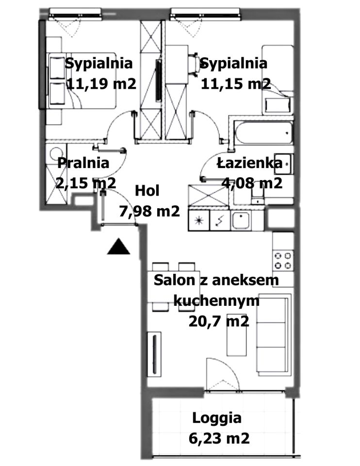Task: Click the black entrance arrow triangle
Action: pos(118,247)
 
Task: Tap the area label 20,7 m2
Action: pos(219,321)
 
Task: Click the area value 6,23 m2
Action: pos(219,438)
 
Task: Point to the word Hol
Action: pos(147,191)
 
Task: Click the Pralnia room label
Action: pos(83,163)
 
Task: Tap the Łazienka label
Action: pos(249,163)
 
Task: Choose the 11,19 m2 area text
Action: pos(101,84)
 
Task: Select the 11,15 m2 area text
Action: pos(236,84)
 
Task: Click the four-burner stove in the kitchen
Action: pos(283,260)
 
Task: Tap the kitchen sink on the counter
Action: pos(241,220)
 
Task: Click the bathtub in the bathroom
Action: pos(262,133)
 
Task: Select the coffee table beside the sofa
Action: pos(236,334)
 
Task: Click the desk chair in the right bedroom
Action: pos(194,63)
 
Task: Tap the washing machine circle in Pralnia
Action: pos(56,154)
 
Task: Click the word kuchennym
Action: pos(216,301)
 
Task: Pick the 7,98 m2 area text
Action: pos(149,211)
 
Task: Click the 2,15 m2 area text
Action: pos(86,183)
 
